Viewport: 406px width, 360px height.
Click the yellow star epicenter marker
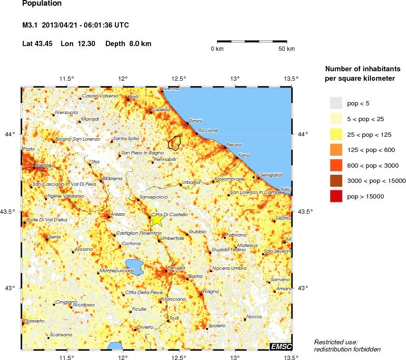click(157, 220)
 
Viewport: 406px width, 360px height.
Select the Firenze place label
click(43, 165)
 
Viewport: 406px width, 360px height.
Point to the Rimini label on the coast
click(196, 121)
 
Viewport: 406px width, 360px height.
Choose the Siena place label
click(55, 237)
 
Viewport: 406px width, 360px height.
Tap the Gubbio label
click(198, 232)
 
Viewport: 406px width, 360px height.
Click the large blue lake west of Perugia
click(135, 266)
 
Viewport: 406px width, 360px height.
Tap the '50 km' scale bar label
click(286, 49)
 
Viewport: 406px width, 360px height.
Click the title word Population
click(42, 3)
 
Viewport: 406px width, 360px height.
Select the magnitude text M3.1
click(30, 25)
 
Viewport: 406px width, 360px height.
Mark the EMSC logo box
click(281, 347)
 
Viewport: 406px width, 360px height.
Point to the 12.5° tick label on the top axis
click(179, 79)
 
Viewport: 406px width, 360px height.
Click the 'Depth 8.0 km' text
click(128, 44)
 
